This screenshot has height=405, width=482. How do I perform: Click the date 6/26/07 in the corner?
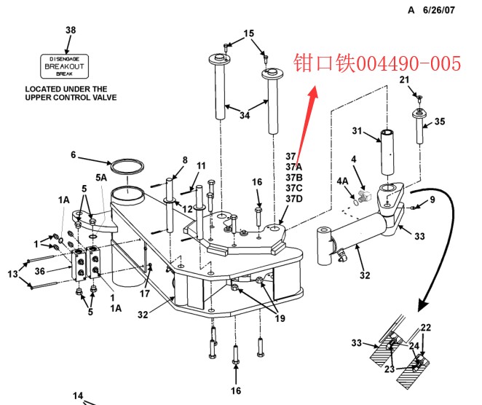(438, 10)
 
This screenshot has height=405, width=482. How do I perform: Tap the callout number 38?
(71, 30)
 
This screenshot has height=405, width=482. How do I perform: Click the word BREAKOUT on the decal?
(64, 66)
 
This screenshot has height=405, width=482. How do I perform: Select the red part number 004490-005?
(408, 63)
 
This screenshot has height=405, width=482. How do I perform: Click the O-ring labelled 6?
(127, 166)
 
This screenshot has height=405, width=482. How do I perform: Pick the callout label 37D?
(294, 199)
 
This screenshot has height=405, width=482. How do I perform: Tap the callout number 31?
(357, 130)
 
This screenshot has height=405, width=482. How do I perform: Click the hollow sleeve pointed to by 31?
(387, 152)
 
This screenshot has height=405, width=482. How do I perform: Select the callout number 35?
(440, 122)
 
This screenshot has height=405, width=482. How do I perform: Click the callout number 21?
(404, 79)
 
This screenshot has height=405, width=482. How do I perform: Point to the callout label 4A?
(342, 181)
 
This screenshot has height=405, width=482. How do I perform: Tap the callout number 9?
(432, 200)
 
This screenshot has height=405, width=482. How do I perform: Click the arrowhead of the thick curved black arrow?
(423, 305)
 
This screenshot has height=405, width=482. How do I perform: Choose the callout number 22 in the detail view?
(426, 328)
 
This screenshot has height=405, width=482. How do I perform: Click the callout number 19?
(280, 318)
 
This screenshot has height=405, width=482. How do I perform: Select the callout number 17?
(144, 294)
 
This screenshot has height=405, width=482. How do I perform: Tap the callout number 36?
(39, 271)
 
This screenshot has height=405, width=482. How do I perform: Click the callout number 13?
(12, 274)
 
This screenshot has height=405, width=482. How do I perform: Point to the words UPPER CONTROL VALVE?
(71, 98)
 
